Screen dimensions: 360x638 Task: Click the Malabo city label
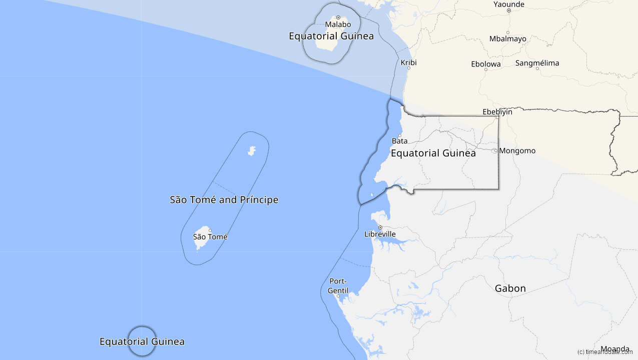(x=338, y=24)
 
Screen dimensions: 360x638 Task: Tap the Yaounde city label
(x=508, y=4)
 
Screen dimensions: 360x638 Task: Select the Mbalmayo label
(x=507, y=38)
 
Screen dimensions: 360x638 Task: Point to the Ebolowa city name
(x=485, y=63)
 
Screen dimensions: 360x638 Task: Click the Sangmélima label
(x=537, y=63)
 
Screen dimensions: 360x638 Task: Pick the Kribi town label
(x=408, y=62)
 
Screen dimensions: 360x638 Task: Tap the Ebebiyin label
(x=497, y=111)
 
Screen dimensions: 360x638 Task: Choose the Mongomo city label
(x=517, y=150)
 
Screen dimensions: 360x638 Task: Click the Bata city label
(x=399, y=141)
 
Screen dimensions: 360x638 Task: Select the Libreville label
(x=380, y=234)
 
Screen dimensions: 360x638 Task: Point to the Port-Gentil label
(x=338, y=285)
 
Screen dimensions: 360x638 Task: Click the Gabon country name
(x=510, y=288)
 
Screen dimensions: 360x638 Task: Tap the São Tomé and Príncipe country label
(x=224, y=200)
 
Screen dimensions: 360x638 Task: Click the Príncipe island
(x=252, y=150)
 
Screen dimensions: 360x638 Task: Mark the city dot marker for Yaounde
(x=508, y=10)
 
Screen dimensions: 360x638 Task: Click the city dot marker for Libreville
(x=380, y=227)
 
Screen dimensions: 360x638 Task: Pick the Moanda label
(x=614, y=349)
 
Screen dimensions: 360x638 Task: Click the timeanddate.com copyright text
(x=604, y=352)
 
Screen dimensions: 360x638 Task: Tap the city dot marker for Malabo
(x=338, y=17)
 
